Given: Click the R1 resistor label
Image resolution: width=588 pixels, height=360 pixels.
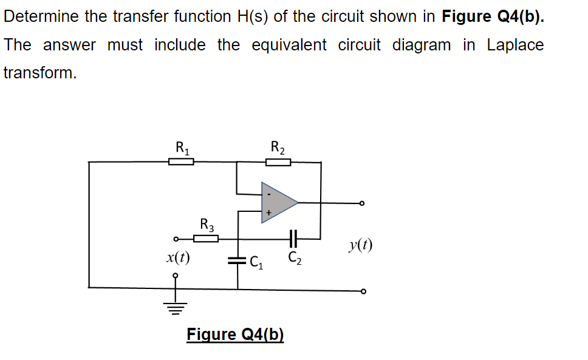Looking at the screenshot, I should click(x=182, y=147).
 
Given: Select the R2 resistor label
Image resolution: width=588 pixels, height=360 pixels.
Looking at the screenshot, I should click(x=278, y=147).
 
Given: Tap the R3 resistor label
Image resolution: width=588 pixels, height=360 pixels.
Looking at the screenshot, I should click(x=207, y=225).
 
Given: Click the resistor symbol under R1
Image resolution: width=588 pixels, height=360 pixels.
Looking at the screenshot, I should click(x=181, y=161).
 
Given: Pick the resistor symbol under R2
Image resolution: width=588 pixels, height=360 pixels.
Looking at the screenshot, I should click(x=278, y=161).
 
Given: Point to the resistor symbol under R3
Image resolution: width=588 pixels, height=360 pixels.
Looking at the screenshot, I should click(x=206, y=239).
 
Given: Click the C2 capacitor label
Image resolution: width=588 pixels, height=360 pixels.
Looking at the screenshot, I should click(x=293, y=257).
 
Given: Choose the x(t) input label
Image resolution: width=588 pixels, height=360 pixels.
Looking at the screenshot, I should click(x=177, y=257).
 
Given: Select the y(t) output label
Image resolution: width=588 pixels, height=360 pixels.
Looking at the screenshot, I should click(x=361, y=245).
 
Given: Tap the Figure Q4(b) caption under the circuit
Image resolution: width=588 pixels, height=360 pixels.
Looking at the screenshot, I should click(x=235, y=335).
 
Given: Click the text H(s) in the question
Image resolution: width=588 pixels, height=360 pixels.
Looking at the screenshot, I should click(x=250, y=16).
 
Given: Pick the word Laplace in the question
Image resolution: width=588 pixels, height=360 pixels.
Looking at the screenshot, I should click(x=515, y=45).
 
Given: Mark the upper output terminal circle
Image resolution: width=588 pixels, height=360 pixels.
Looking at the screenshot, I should click(x=363, y=203).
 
